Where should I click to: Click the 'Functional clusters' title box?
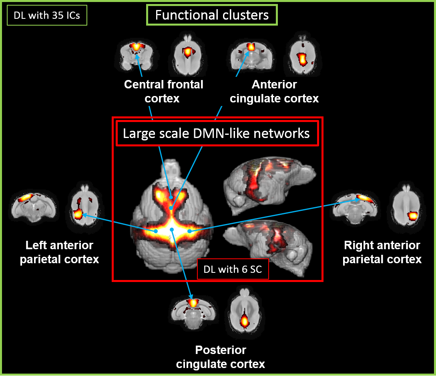coord(212,16)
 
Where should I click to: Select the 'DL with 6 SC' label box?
coord(233,269)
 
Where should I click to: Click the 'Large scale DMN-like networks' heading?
coord(216,133)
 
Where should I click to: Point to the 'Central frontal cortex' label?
coord(163,91)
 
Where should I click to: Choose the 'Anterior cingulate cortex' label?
coord(274,91)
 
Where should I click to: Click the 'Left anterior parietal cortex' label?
coord(59,252)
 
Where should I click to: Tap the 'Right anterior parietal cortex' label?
coord(382,252)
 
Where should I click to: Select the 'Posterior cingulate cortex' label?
coord(221,357)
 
